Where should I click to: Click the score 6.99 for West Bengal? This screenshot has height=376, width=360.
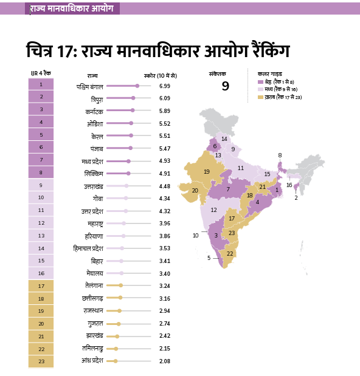[165, 86]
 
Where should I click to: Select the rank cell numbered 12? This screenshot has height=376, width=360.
[41, 223]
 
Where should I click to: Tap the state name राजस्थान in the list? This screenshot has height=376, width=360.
[94, 311]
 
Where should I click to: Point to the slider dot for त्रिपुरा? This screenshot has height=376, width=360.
[133, 98]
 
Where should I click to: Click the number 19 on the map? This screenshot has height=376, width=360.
[207, 171]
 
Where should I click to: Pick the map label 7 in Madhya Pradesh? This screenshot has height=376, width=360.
[228, 189]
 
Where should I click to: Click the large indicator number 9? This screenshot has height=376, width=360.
[226, 86]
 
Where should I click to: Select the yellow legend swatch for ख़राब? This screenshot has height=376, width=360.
[260, 97]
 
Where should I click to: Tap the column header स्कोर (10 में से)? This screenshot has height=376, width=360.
[161, 76]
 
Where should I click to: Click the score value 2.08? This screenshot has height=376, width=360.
[165, 361]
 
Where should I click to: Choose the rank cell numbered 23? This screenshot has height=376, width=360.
[41, 361]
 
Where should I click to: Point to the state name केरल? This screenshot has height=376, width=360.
[97, 137]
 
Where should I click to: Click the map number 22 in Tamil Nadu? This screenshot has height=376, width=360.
[230, 254]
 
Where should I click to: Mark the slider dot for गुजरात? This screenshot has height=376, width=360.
[119, 324]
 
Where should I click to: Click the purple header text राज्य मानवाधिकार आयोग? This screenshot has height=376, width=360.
[72, 9]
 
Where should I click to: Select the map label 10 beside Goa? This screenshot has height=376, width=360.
[196, 236]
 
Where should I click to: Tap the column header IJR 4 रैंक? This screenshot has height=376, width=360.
[41, 73]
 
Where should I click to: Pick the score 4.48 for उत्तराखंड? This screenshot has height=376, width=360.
[165, 186]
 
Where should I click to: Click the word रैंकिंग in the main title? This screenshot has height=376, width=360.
[271, 50]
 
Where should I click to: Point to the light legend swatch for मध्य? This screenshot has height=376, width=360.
[260, 89]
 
